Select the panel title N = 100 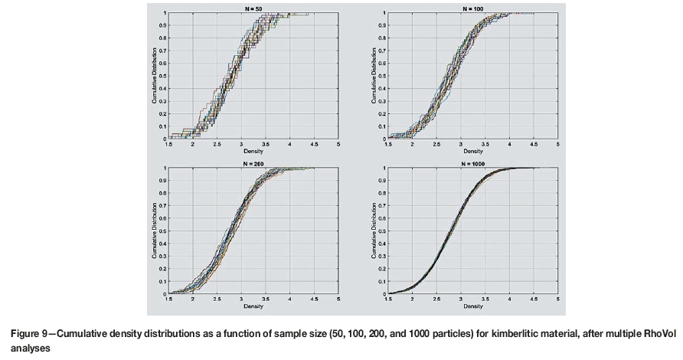(472, 8)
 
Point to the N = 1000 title (473, 163)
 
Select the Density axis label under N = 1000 (473, 306)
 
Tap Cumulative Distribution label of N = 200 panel (153, 230)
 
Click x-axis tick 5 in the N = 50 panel (338, 144)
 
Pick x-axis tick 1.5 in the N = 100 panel (388, 144)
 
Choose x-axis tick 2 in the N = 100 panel (413, 144)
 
